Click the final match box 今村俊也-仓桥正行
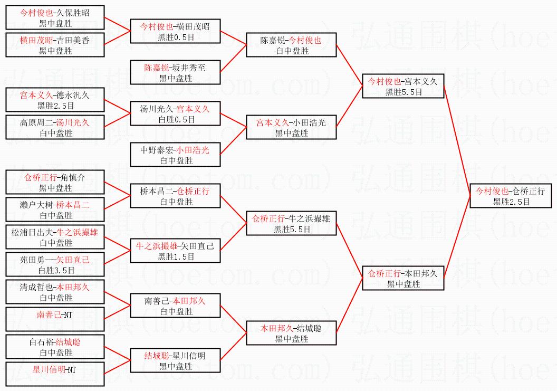(x=510, y=196)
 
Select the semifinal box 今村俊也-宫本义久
(x=403, y=86)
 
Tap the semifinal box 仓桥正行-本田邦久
(x=403, y=278)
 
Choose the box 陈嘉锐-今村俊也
(x=292, y=45)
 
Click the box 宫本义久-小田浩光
(x=292, y=127)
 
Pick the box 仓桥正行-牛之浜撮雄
(x=292, y=223)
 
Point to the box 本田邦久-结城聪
(x=292, y=333)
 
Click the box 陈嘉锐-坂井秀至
(x=176, y=72)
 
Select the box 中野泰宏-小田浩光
(x=176, y=155)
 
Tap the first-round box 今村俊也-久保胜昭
(x=55, y=17)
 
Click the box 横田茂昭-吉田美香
(x=55, y=45)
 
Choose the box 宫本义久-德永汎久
(x=55, y=100)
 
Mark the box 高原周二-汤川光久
(x=55, y=127)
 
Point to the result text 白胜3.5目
(x=55, y=270)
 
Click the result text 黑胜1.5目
(x=176, y=256)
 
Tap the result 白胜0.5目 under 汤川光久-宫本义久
(x=176, y=119)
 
